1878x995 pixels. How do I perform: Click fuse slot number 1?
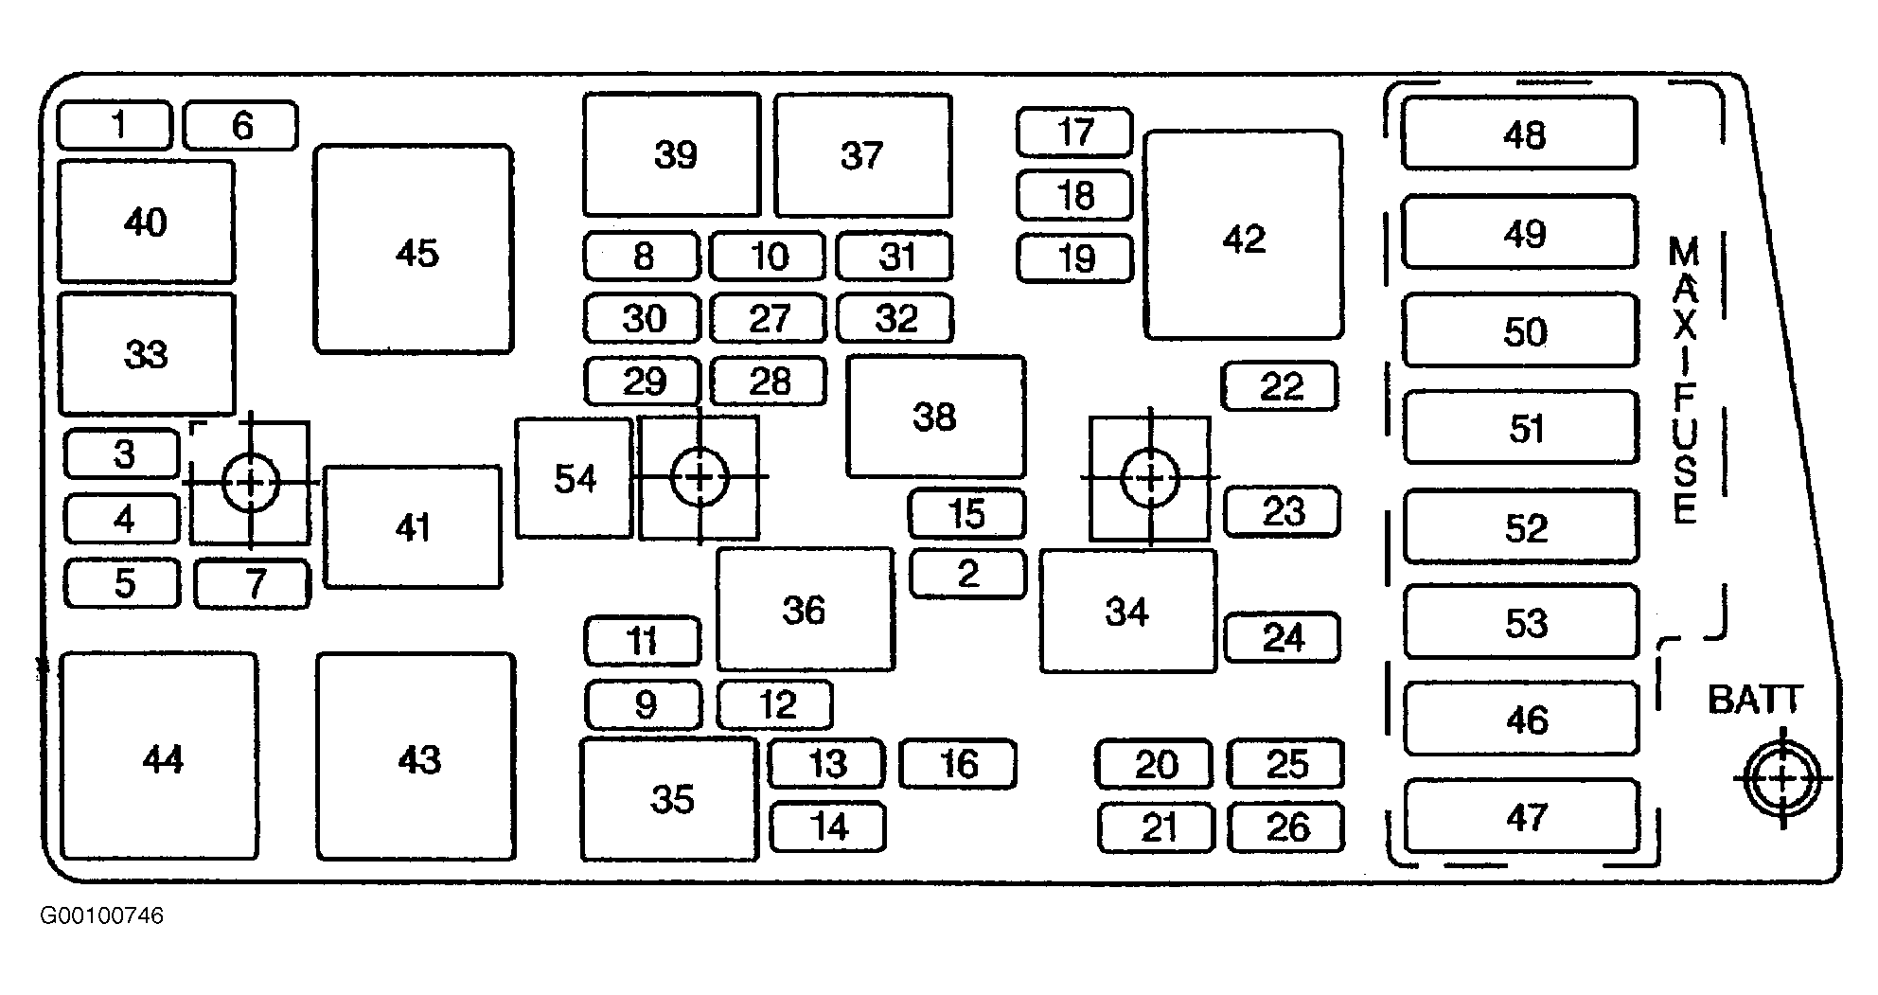(x=115, y=126)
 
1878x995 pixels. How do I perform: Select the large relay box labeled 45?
(x=414, y=250)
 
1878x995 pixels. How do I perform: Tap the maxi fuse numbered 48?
(x=1519, y=133)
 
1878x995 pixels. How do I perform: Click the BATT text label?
(x=1756, y=700)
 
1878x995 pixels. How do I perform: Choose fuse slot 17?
(x=1074, y=133)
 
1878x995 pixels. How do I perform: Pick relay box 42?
(x=1244, y=236)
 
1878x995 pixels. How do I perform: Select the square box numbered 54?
(x=575, y=478)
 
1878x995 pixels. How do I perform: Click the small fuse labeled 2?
(x=967, y=574)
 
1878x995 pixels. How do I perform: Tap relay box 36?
(x=806, y=609)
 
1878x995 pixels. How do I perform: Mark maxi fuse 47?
(x=1521, y=816)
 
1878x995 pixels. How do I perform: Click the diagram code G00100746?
(x=101, y=916)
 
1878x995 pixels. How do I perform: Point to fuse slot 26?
(x=1285, y=826)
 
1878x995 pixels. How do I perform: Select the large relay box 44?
(x=159, y=755)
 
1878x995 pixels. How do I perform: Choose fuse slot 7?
(x=253, y=583)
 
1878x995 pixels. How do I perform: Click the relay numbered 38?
(x=935, y=417)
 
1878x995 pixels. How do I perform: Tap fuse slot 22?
(x=1280, y=386)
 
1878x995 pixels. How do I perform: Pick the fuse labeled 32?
(x=895, y=318)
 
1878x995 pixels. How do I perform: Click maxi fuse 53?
(x=1521, y=621)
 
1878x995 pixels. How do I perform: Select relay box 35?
(x=669, y=799)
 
